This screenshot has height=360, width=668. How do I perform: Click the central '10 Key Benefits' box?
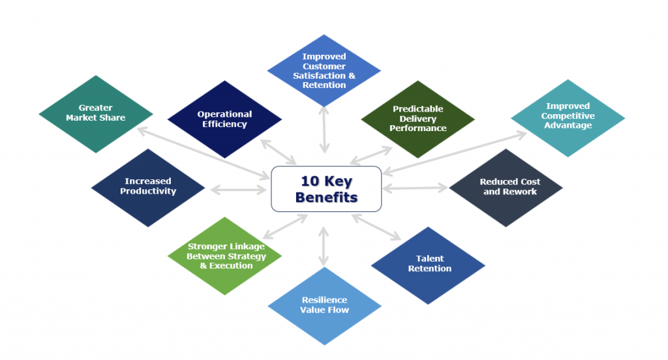click(x=326, y=189)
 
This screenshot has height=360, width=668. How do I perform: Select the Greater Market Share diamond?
click(x=96, y=113)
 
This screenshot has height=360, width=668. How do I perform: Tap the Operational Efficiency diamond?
click(x=224, y=119)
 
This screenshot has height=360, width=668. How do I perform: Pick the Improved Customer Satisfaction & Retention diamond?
click(x=324, y=70)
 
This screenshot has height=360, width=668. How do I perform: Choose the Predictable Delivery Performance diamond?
click(x=417, y=119)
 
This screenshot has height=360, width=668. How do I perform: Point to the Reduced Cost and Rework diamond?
click(x=506, y=187)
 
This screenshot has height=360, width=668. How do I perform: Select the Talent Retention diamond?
click(x=429, y=265)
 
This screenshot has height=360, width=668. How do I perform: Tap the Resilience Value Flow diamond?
click(x=324, y=305)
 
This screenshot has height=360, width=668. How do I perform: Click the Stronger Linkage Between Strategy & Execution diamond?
click(x=226, y=256)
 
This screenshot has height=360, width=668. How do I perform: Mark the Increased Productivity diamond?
click(x=149, y=187)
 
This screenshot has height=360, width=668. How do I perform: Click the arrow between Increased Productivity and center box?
click(x=237, y=190)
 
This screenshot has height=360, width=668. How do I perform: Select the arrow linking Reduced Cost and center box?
click(x=415, y=188)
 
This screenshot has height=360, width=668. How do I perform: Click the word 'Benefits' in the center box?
click(x=326, y=197)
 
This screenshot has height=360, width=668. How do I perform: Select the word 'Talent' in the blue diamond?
click(x=429, y=260)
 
